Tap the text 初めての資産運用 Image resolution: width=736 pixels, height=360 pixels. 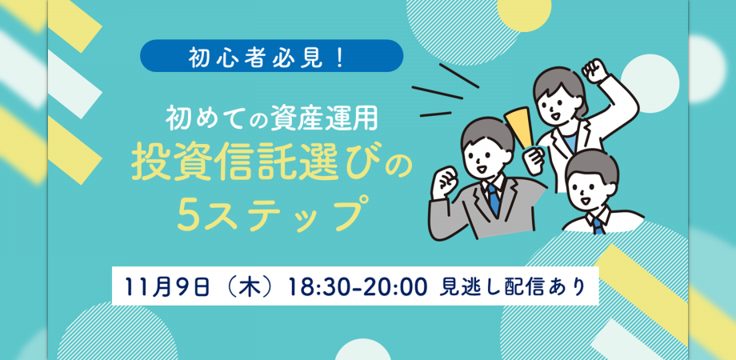click(x=270, y=118)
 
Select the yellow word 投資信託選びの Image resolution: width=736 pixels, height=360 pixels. click(x=270, y=165)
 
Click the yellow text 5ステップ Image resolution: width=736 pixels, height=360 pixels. click(x=270, y=213)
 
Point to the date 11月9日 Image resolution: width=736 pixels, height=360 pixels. click(x=166, y=286)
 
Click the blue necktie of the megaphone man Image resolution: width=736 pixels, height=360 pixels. click(x=494, y=196)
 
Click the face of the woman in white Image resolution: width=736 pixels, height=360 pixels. click(x=556, y=98)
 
